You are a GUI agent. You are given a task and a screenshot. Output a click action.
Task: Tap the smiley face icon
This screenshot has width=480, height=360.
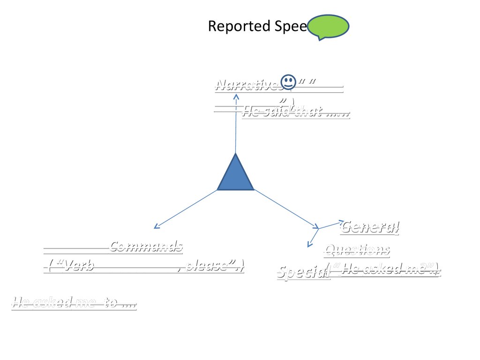[x=288, y=82]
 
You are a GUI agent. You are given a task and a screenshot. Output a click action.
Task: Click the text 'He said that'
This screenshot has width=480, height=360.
[x=295, y=112]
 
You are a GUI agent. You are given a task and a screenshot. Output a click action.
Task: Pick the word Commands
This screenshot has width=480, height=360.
[x=146, y=246]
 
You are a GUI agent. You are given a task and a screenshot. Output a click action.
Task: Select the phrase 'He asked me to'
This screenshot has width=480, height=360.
[x=74, y=303]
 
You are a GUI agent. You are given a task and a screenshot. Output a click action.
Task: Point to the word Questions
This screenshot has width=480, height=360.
[x=357, y=250]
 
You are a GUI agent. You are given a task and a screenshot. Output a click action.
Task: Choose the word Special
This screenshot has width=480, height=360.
[x=303, y=273]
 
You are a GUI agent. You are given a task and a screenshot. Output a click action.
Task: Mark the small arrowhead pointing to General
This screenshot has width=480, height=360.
[x=341, y=221]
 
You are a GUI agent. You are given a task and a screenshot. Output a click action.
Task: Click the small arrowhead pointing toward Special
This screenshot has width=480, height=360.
[x=309, y=244]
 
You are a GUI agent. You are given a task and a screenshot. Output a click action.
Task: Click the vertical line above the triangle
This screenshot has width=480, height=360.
[x=236, y=127]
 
